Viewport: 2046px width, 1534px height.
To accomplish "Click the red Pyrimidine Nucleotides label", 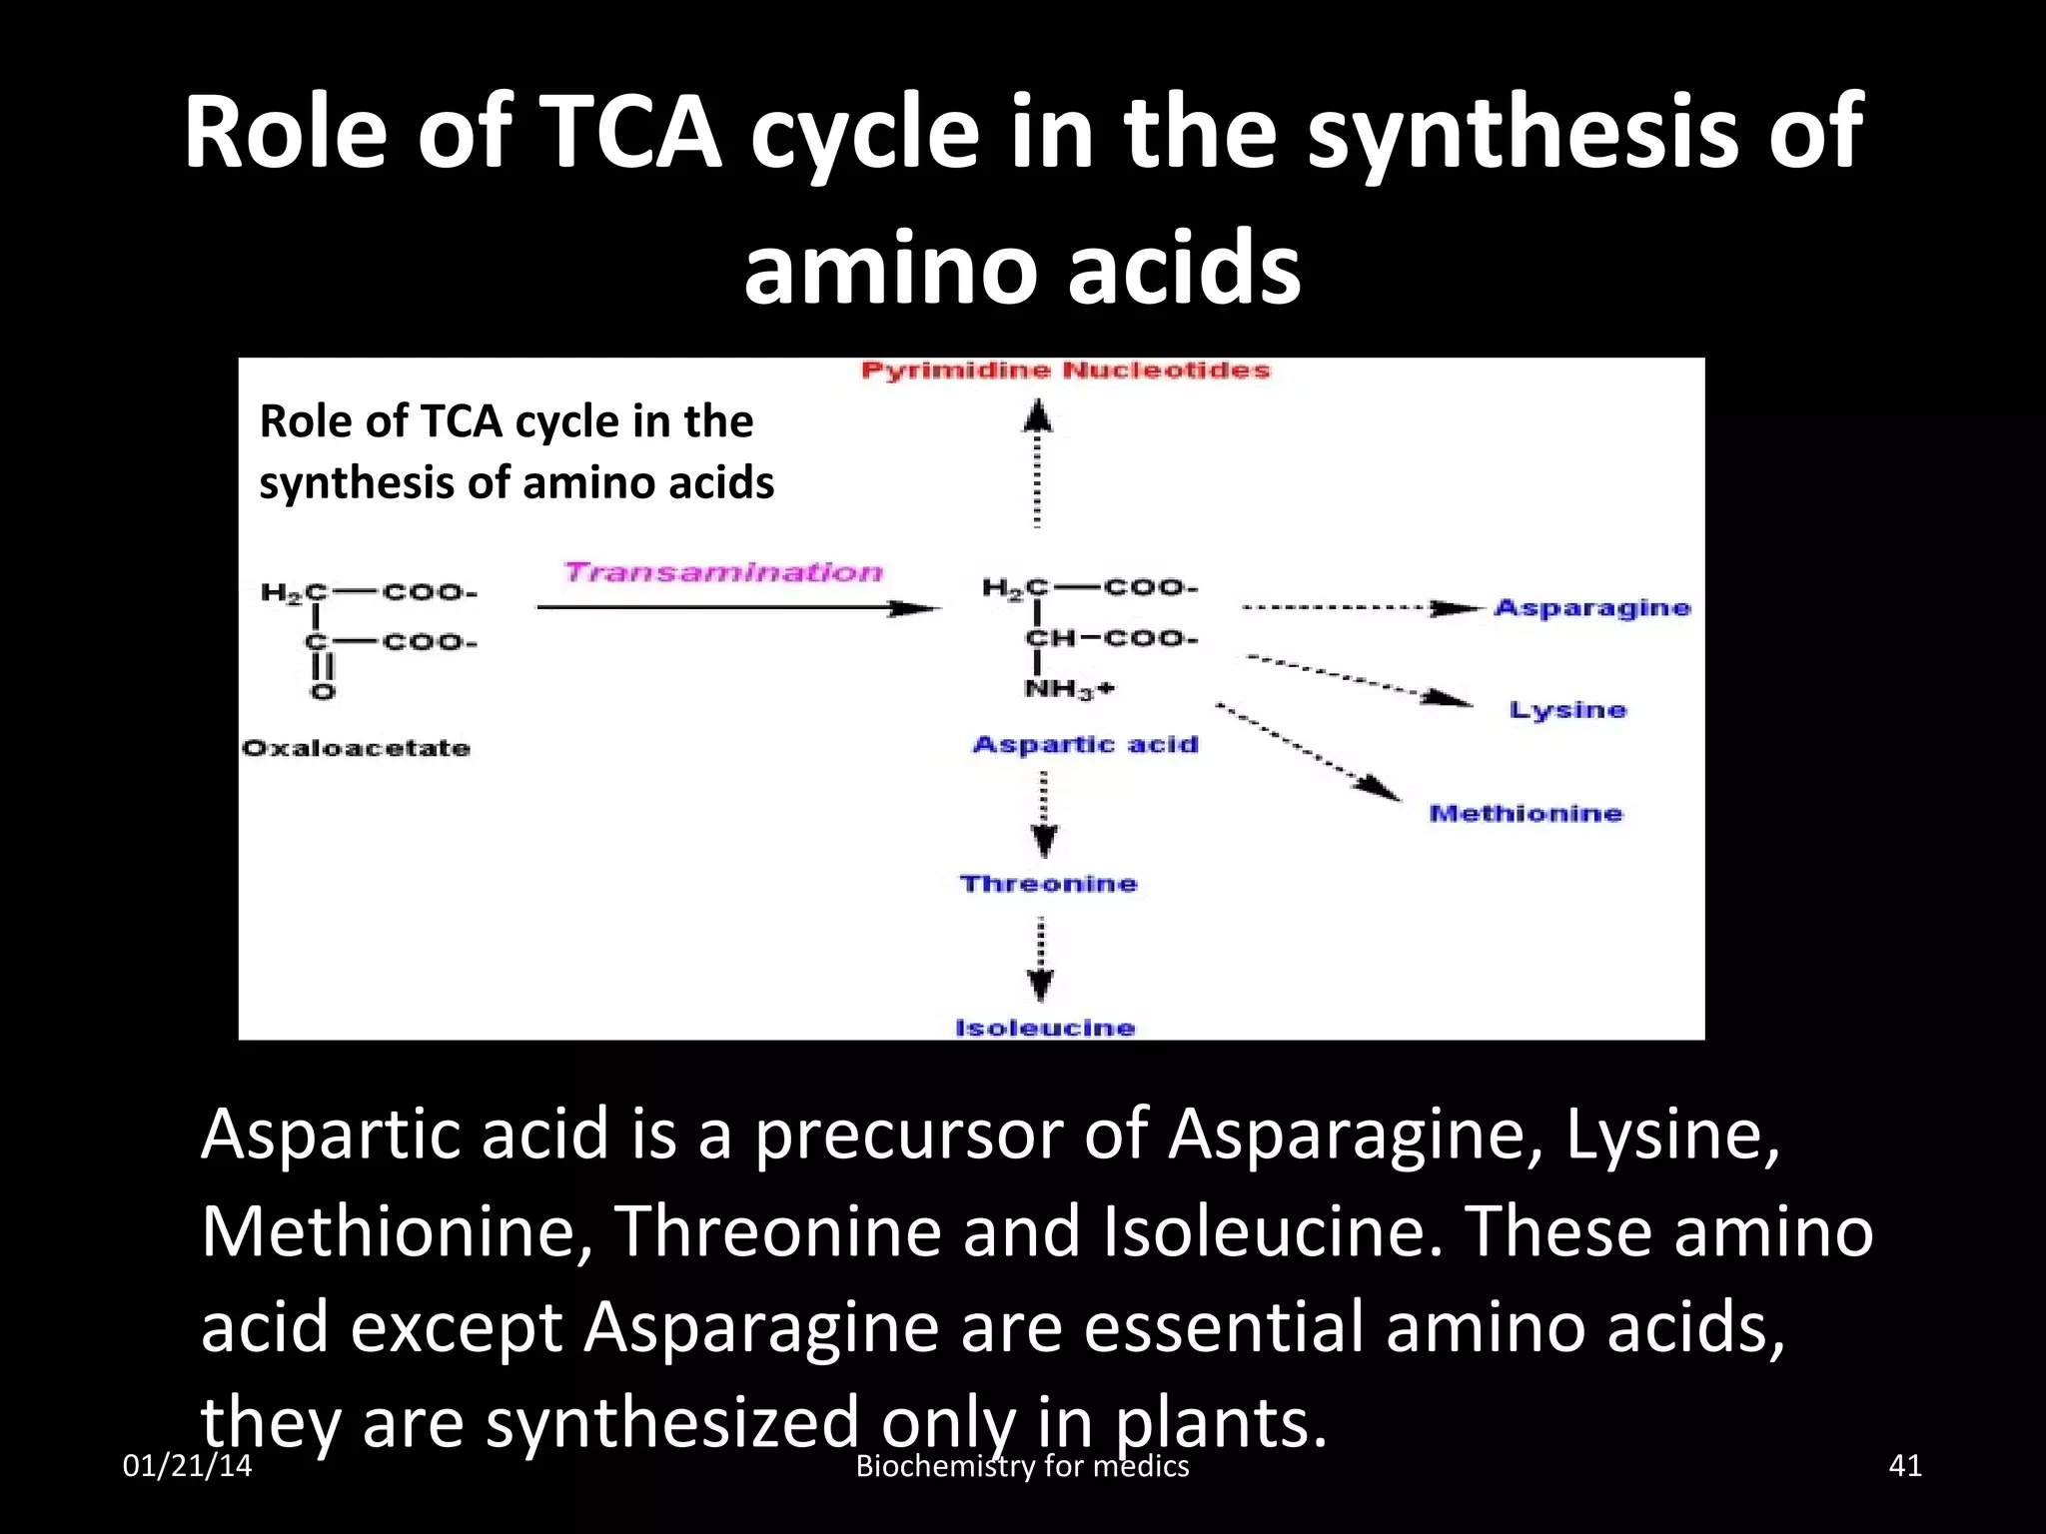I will (1065, 371).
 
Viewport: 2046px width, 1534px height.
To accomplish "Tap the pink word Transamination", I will (723, 572).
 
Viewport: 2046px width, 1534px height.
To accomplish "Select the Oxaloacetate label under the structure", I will (356, 748).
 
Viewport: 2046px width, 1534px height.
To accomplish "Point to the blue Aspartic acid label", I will (1085, 744).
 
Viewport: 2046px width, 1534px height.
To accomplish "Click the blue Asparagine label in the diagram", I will (1591, 607).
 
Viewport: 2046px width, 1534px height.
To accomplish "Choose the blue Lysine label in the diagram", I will (1567, 710).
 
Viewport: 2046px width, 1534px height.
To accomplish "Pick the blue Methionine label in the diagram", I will (1526, 813).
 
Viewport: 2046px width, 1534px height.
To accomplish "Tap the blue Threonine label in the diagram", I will (1048, 884).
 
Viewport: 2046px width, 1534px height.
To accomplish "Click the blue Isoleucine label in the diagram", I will (1045, 1028).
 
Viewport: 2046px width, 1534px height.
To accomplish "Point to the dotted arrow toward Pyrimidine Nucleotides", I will (1038, 464).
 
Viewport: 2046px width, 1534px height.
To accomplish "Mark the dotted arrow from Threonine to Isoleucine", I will (1041, 959).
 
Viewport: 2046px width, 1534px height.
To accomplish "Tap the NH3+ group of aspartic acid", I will (1068, 689).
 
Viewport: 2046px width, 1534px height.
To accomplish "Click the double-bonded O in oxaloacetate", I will (322, 691).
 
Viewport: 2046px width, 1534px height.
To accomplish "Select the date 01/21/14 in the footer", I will (187, 1465).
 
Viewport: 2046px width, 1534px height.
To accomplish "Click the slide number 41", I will (1905, 1465).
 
